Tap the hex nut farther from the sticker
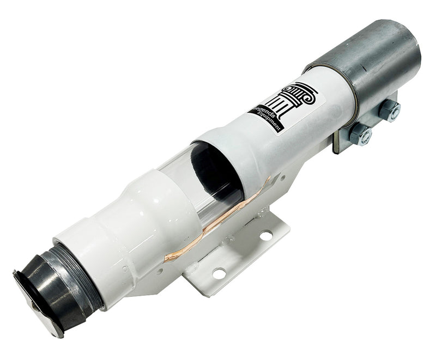[x=389, y=110]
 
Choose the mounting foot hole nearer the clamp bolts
[x=266, y=235]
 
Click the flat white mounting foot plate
[x=240, y=256]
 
